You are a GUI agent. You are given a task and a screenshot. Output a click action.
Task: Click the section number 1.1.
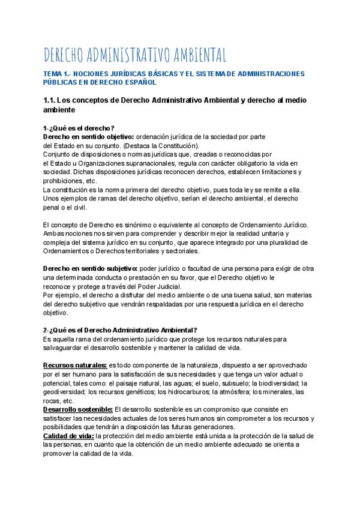(52, 100)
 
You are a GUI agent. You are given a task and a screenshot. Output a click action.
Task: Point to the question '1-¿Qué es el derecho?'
(79, 128)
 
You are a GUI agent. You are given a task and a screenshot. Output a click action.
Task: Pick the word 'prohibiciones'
(64, 181)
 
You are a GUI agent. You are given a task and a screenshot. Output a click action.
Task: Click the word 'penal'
(52, 208)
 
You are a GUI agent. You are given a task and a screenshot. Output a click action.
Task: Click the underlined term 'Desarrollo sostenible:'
(78, 409)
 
